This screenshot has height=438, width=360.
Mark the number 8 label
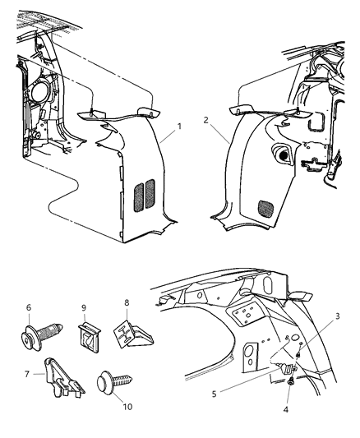[127, 302]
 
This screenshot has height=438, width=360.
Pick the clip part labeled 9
[89, 334]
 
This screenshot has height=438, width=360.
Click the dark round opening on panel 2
[283, 154]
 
